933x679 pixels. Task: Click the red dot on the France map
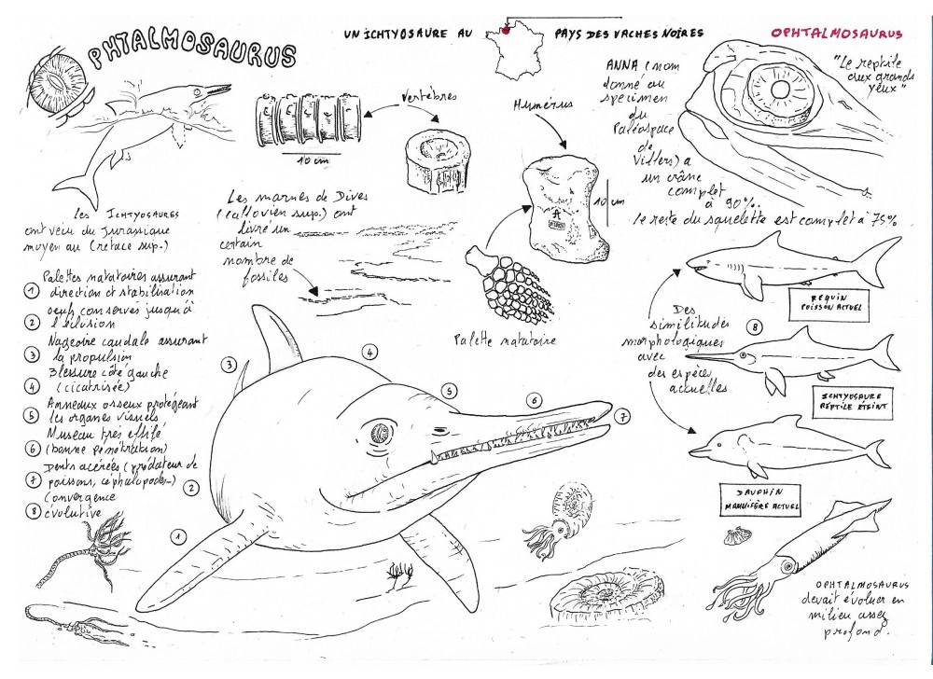(504, 30)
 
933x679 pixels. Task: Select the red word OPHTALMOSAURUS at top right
(837, 33)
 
